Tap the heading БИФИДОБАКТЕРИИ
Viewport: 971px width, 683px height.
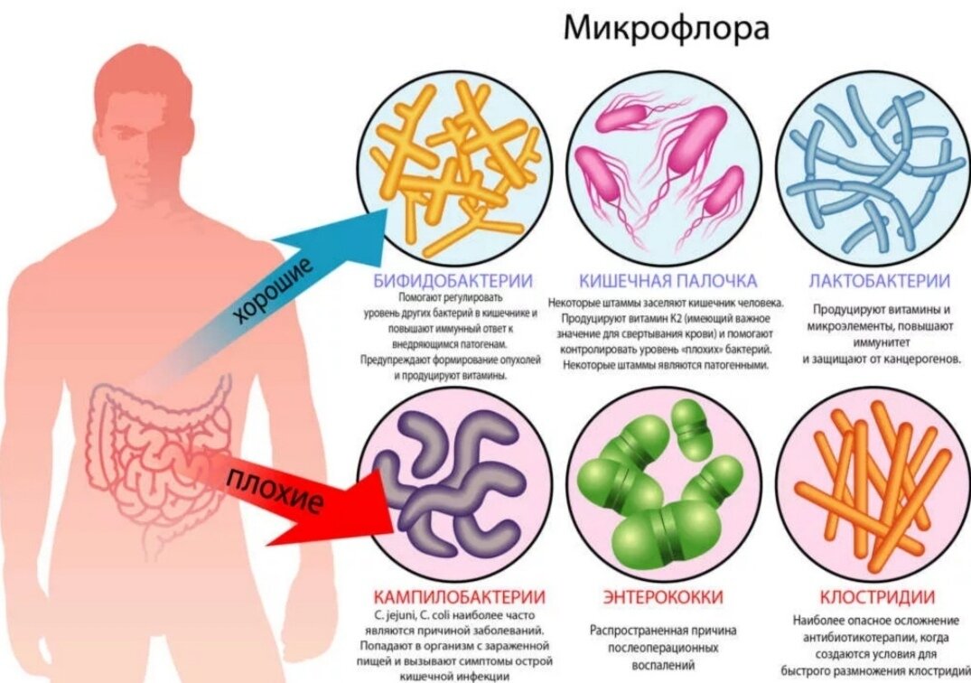[453, 280]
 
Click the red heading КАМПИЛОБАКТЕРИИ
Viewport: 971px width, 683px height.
[459, 597]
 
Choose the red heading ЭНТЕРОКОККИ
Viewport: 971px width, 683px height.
[664, 597]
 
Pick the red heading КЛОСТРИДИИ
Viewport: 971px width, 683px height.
[877, 597]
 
